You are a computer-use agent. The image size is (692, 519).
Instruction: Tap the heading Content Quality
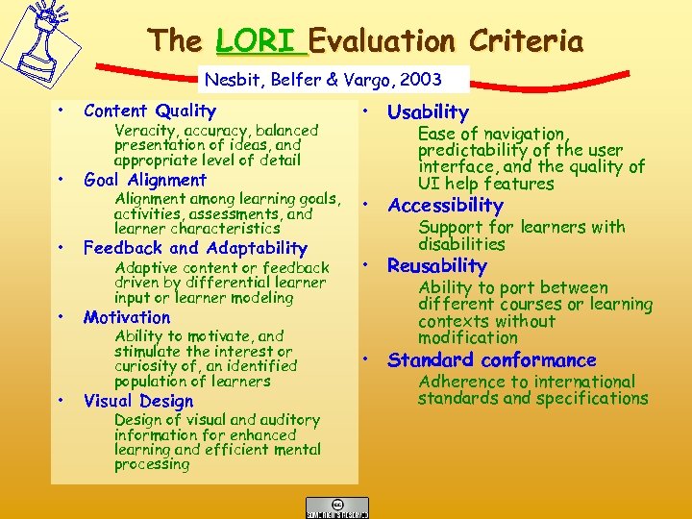click(x=149, y=111)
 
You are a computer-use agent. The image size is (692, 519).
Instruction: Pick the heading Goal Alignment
click(x=145, y=180)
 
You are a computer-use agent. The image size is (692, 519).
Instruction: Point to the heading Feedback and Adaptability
click(x=195, y=248)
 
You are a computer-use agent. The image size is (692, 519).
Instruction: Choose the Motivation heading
click(x=127, y=317)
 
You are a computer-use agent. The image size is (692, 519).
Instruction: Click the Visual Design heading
click(x=138, y=401)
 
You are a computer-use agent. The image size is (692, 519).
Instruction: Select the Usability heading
click(x=428, y=112)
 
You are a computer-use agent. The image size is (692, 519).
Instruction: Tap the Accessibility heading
click(x=445, y=205)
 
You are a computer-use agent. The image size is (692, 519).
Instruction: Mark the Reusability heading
click(x=437, y=265)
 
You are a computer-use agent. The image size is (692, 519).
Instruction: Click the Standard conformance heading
click(x=491, y=360)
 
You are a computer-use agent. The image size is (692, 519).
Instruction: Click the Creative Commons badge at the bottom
click(x=336, y=507)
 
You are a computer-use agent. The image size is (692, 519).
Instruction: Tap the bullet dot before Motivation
click(x=61, y=315)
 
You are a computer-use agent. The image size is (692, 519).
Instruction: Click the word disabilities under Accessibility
click(x=461, y=244)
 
